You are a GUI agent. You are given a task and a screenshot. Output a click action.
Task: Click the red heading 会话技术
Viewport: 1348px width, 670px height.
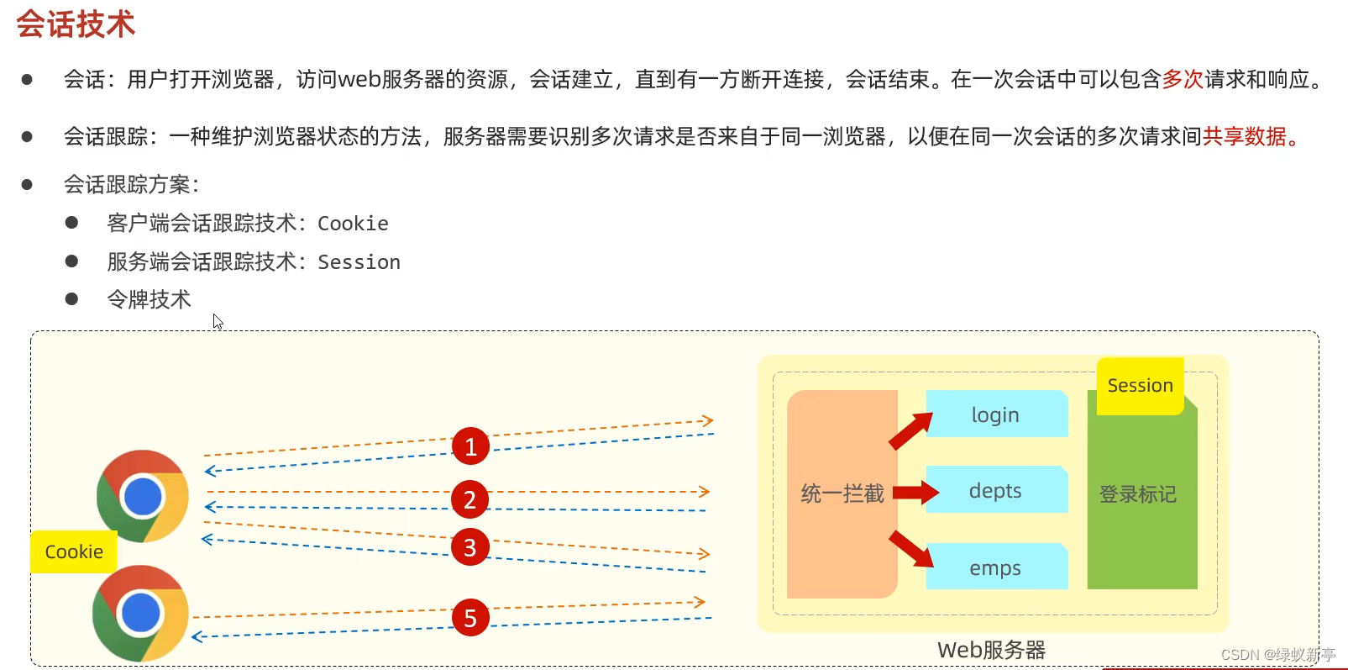pyautogui.click(x=76, y=24)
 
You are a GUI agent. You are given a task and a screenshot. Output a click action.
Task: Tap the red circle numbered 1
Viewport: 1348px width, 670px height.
pyautogui.click(x=470, y=446)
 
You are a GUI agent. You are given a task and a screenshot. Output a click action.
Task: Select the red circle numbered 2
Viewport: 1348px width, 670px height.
pyautogui.click(x=470, y=500)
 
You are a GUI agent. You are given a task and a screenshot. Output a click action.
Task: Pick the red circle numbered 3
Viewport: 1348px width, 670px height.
pyautogui.click(x=470, y=547)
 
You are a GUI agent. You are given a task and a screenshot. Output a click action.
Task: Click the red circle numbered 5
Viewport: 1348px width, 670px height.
pyautogui.click(x=470, y=618)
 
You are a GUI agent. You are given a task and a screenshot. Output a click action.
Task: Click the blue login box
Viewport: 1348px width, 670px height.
pyautogui.click(x=996, y=414)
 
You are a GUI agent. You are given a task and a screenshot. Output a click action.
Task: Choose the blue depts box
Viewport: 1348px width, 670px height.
pyautogui.click(x=996, y=490)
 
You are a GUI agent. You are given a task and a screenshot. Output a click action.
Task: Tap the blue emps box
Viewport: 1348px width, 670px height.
pyautogui.click(x=996, y=567)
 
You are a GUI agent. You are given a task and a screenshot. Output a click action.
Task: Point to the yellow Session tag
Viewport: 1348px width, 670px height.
pyautogui.click(x=1140, y=386)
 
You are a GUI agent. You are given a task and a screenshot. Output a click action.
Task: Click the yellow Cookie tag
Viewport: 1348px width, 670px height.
pyautogui.click(x=74, y=551)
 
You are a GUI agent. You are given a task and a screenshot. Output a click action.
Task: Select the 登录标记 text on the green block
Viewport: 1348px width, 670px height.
pyautogui.click(x=1138, y=494)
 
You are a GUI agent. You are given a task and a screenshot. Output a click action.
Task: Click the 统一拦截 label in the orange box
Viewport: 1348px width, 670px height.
pyautogui.click(x=842, y=493)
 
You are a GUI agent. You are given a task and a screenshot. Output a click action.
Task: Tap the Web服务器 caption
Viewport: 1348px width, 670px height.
pyautogui.click(x=991, y=650)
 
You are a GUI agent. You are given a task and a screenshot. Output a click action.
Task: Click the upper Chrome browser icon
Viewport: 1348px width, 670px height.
pyautogui.click(x=143, y=496)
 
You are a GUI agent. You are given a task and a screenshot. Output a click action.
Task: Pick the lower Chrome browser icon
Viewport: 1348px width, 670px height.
pyautogui.click(x=140, y=613)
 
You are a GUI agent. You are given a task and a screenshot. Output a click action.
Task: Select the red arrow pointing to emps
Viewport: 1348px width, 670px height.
pyautogui.click(x=910, y=548)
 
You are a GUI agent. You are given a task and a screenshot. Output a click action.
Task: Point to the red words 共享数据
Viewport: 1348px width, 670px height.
pyautogui.click(x=1245, y=136)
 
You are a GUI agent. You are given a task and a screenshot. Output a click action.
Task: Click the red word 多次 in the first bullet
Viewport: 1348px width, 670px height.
pyautogui.click(x=1183, y=79)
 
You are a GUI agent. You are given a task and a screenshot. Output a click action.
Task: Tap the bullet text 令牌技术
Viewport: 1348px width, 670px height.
pyautogui.click(x=149, y=299)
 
